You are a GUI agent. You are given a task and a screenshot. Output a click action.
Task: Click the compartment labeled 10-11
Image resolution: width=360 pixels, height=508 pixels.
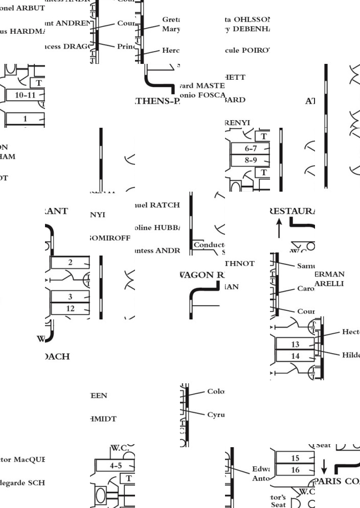click(x=25, y=95)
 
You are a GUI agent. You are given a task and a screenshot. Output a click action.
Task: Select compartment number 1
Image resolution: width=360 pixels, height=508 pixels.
click(x=25, y=119)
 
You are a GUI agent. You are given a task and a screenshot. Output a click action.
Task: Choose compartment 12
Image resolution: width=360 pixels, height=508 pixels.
click(x=71, y=308)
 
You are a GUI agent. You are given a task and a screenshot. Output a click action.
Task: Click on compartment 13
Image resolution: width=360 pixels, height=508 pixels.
click(x=295, y=344)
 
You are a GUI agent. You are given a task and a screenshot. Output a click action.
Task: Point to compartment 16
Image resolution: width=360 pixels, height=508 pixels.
click(x=295, y=470)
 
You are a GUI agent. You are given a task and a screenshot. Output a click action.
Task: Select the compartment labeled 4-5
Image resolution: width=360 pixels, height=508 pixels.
click(x=116, y=466)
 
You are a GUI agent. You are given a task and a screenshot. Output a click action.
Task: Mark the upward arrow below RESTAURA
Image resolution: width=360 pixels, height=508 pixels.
click(x=279, y=228)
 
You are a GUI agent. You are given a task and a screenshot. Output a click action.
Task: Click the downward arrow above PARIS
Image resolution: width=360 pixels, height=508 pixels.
click(x=323, y=466)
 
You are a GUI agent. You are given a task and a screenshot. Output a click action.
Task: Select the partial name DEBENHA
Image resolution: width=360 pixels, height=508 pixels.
click(x=251, y=29)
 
